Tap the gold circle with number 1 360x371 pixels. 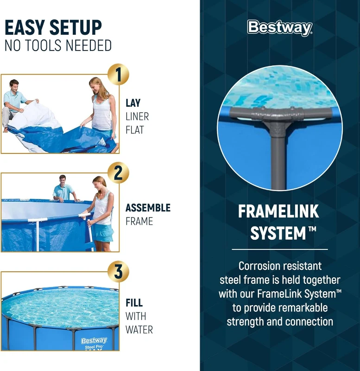(x=118, y=75)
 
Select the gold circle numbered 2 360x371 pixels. (x=118, y=173)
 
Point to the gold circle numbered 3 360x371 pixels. (x=118, y=272)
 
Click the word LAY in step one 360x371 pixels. (x=133, y=103)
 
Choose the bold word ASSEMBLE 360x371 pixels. (x=148, y=208)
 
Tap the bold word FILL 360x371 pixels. (x=134, y=303)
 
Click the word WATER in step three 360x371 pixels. (x=139, y=330)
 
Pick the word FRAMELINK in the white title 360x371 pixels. (x=278, y=211)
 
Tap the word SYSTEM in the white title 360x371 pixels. (x=272, y=234)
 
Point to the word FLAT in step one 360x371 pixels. (x=135, y=130)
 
